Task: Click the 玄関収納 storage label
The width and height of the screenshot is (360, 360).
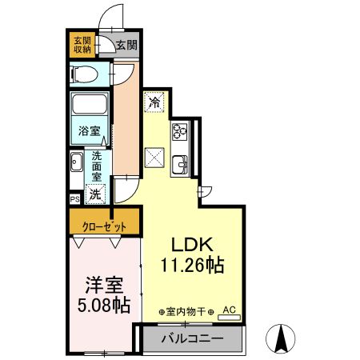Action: [x=82, y=46]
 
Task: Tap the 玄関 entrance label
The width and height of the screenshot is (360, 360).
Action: [x=125, y=46]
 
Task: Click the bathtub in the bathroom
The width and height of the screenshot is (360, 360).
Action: [x=90, y=106]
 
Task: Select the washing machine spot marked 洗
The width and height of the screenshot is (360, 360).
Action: [x=96, y=194]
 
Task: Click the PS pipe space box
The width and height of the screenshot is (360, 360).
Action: [x=74, y=198]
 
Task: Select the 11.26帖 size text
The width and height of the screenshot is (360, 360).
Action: [x=192, y=265]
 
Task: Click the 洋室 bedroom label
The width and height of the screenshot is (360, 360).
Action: [x=101, y=286]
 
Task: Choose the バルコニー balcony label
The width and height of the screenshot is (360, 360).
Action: [x=190, y=338]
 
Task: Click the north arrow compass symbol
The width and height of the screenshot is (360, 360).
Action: [x=282, y=338]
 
